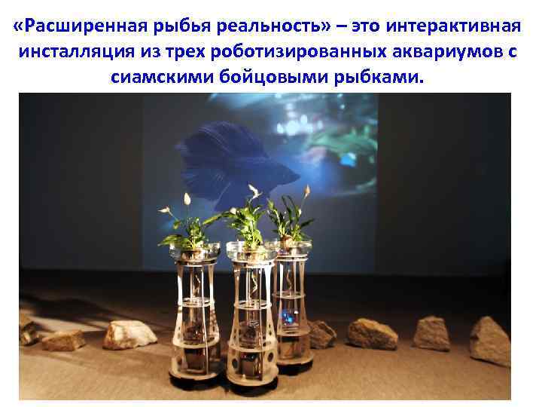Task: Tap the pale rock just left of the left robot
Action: click(x=129, y=333)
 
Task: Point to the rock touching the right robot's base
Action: click(x=321, y=333)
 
